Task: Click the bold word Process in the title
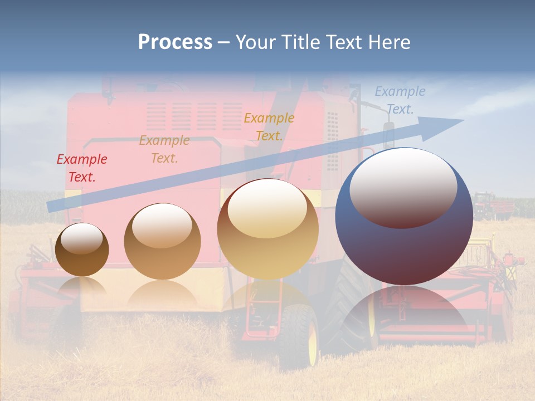pos(175,42)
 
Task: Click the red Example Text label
pos(82,168)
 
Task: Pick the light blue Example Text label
pos(400,100)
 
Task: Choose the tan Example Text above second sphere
pos(164,149)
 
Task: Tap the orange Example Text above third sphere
pos(269,127)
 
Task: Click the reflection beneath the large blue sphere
pos(404,312)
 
